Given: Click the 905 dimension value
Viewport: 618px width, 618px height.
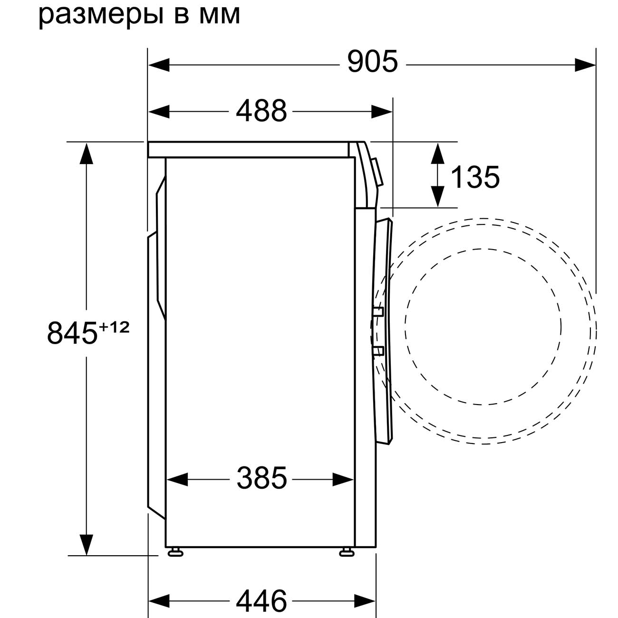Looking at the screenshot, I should [x=372, y=62].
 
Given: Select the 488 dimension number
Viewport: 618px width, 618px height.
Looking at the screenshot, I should [x=261, y=111].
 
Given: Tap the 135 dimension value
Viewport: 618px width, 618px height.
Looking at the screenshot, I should [x=475, y=177].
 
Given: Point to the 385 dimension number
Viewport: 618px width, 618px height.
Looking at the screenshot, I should [x=262, y=478].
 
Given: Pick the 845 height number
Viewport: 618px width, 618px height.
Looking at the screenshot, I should [x=72, y=333].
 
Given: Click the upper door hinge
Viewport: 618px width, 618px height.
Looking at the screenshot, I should [x=378, y=312].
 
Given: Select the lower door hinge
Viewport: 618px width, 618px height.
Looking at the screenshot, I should [x=378, y=351].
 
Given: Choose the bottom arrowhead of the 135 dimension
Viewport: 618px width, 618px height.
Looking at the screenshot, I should [x=437, y=197].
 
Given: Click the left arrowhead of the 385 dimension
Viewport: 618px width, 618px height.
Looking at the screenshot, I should [x=177, y=479].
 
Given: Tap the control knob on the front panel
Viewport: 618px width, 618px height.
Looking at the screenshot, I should [x=378, y=173].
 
